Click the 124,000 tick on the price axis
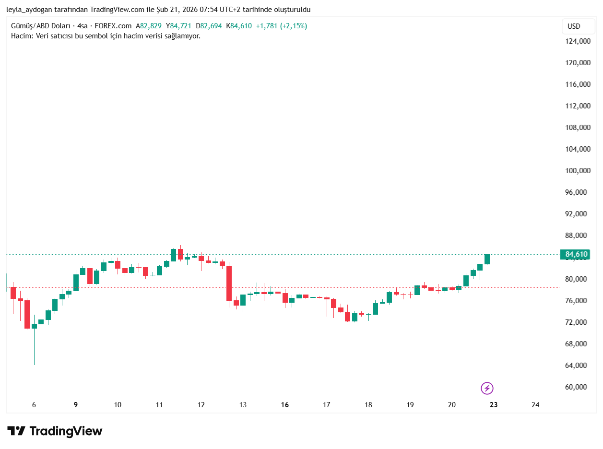tap(577, 41)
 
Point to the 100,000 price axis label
tap(577, 171)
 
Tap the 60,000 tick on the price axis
tap(577, 387)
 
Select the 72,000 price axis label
tap(577, 322)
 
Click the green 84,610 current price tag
tap(575, 254)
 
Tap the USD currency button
tap(574, 26)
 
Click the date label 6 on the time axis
tap(34, 405)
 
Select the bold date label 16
tap(285, 405)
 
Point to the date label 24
tap(535, 405)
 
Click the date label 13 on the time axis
tap(243, 405)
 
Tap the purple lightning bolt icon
tap(487, 388)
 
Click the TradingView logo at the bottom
tap(55, 431)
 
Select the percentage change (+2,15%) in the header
tap(294, 26)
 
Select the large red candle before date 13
tap(229, 283)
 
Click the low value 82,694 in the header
tap(211, 26)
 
